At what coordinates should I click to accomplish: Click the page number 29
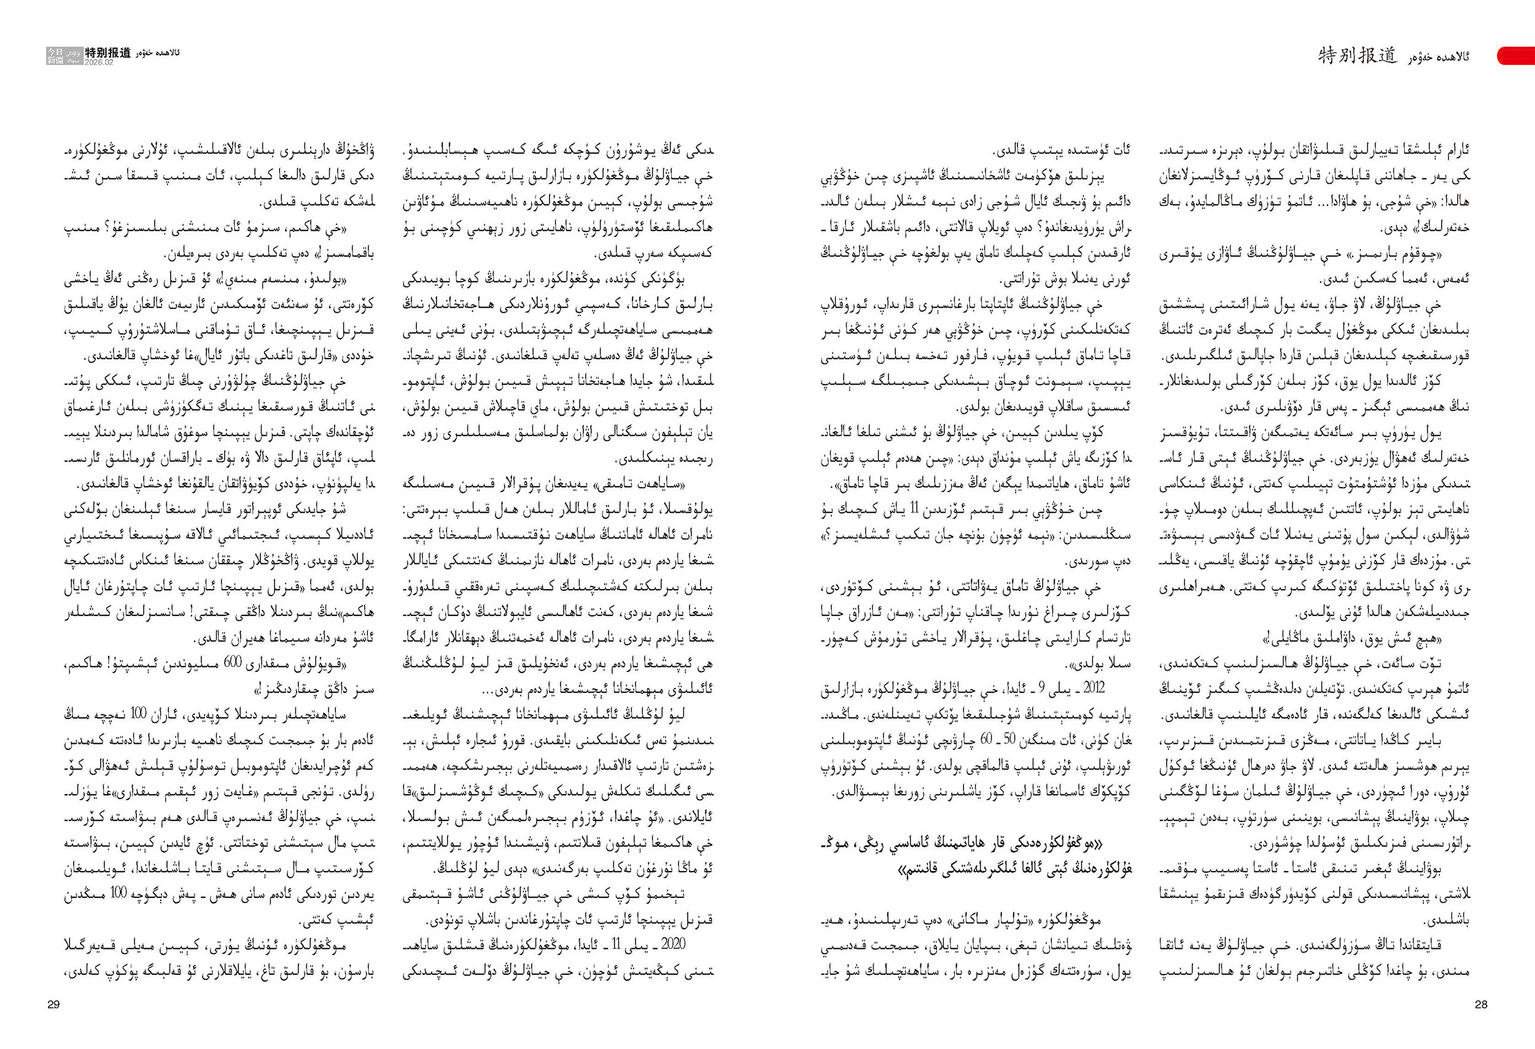click(53, 1004)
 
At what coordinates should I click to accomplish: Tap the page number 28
click(1481, 1004)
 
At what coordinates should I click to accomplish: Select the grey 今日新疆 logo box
click(55, 55)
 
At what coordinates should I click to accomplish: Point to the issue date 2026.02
click(98, 62)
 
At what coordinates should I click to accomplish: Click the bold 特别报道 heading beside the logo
click(108, 52)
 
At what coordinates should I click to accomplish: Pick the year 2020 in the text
click(672, 945)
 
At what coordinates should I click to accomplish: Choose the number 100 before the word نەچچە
click(139, 714)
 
